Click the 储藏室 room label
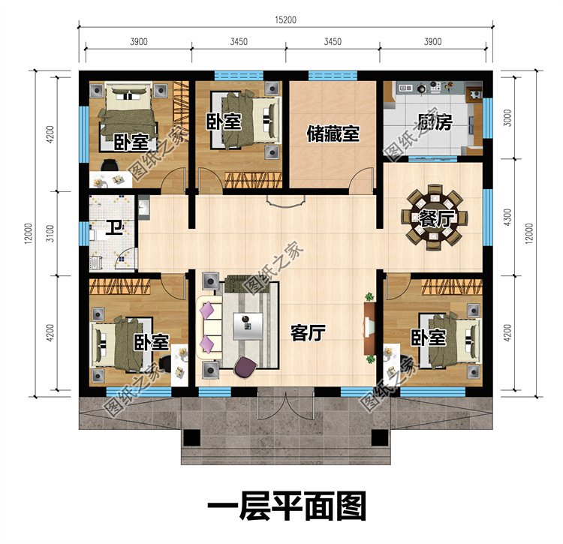[332, 134]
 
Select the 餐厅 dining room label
[432, 218]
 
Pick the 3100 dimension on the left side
[29, 233]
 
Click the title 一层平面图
[286, 507]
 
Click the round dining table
[434, 218]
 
